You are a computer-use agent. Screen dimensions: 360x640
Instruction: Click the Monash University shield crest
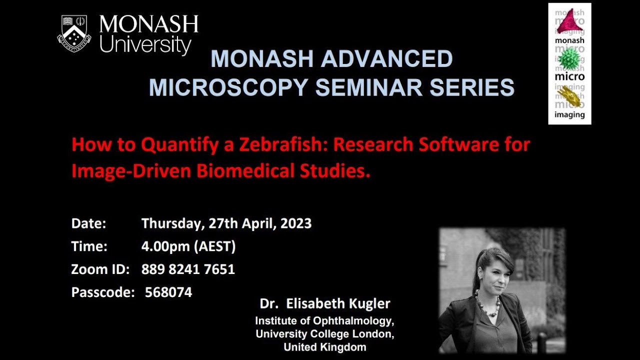(x=73, y=33)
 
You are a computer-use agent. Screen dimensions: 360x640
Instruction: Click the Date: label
(x=88, y=223)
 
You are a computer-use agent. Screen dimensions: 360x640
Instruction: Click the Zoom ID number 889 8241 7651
(x=188, y=269)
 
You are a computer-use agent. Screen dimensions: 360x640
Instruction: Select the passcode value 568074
(x=168, y=292)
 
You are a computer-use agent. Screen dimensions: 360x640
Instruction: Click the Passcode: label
(x=103, y=292)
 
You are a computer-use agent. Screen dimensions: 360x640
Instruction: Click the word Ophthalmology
(x=358, y=321)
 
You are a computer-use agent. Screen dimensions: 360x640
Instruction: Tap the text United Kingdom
(x=324, y=347)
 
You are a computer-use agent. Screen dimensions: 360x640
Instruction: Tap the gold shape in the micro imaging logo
(x=569, y=95)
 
